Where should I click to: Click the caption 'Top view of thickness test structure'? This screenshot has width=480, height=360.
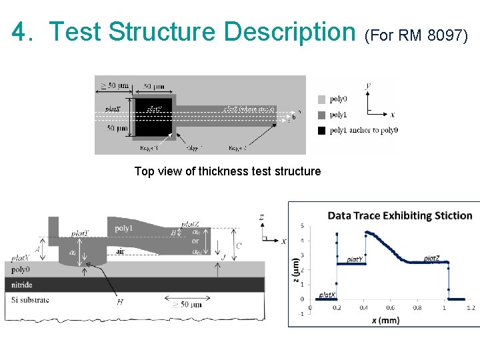(227, 171)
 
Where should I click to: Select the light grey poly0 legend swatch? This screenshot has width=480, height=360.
(322, 99)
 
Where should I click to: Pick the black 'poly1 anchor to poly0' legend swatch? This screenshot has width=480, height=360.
(322, 130)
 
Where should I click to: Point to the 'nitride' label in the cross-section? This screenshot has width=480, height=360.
(23, 285)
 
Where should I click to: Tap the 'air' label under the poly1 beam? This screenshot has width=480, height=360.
(120, 251)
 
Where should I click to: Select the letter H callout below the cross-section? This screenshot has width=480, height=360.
(120, 302)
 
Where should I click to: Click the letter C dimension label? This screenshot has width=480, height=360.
(239, 245)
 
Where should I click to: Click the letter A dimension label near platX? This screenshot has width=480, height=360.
(36, 247)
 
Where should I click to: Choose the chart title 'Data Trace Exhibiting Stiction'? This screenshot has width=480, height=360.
(400, 215)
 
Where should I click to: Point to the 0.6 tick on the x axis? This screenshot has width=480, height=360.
(390, 308)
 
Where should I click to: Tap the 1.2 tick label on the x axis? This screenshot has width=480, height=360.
(471, 308)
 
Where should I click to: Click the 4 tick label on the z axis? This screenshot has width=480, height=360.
(302, 240)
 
